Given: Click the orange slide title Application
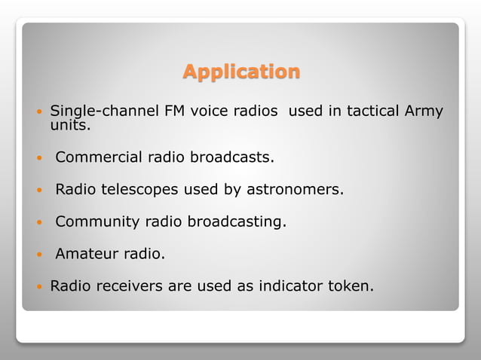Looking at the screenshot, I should click(x=241, y=72).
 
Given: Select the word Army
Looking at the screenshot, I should click(x=423, y=112).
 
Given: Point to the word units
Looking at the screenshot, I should click(x=69, y=126).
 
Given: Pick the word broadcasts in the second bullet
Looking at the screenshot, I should click(x=231, y=158).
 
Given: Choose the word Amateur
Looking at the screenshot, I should click(x=86, y=255).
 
